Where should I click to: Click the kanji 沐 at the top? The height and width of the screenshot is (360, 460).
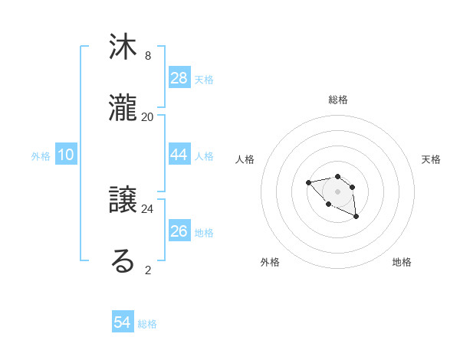[x=123, y=47]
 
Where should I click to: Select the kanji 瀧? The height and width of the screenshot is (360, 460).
[x=123, y=108]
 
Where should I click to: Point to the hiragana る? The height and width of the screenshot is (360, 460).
[x=123, y=261]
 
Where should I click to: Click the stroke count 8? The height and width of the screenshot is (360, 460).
[x=148, y=56]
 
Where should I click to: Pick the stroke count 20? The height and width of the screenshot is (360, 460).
[x=148, y=116]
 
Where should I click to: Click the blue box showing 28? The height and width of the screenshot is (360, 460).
[x=179, y=77]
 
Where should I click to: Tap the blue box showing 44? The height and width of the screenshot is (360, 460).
[x=179, y=154]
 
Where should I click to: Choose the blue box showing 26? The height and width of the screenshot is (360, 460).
[x=179, y=231]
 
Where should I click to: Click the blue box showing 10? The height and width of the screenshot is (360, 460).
[x=66, y=155]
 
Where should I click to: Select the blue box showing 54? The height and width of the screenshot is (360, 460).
[x=123, y=322]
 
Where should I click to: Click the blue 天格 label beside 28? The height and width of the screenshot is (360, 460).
[x=204, y=79]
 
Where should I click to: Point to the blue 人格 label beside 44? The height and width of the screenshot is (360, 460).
[x=204, y=155]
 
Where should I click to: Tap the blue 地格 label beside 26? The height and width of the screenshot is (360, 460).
[x=204, y=232]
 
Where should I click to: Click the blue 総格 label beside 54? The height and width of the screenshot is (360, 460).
[x=147, y=324]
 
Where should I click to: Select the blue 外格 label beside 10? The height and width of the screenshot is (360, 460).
[x=41, y=156]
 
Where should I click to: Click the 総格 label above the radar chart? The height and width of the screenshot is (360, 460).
[x=337, y=100]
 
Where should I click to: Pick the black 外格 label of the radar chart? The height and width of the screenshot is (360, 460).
[x=270, y=262]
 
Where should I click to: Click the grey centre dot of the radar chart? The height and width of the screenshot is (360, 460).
[x=337, y=191]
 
